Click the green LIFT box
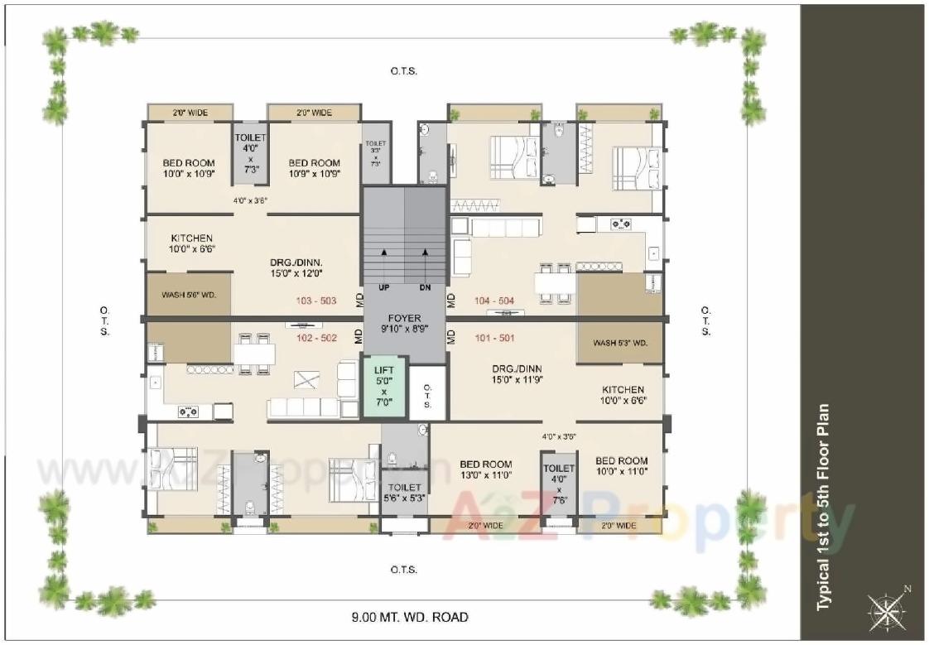click(x=383, y=386)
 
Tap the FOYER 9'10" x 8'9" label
click(x=403, y=323)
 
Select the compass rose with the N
click(x=888, y=609)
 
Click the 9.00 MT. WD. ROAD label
click(x=409, y=617)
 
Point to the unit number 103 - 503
click(x=315, y=301)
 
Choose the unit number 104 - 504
click(x=494, y=301)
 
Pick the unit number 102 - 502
click(x=315, y=338)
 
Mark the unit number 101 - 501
click(x=494, y=338)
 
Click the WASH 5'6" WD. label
click(x=189, y=294)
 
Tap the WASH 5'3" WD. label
click(x=620, y=342)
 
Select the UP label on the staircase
click(x=384, y=288)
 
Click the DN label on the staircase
click(x=426, y=288)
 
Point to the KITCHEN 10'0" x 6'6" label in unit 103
click(x=191, y=243)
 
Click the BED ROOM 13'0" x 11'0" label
click(x=485, y=469)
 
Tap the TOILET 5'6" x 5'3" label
click(x=404, y=493)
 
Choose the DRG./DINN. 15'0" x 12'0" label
click(x=296, y=267)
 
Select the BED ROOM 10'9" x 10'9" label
click(x=314, y=168)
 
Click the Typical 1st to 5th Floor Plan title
click(x=823, y=508)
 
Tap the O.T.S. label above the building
click(x=404, y=71)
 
